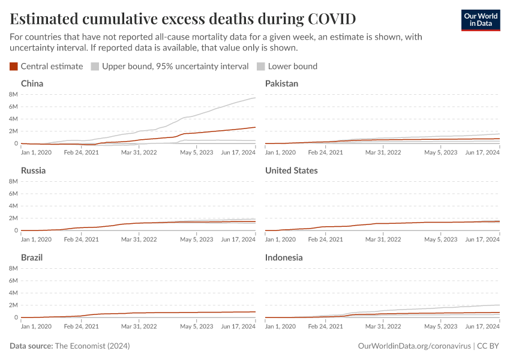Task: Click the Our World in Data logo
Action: (480, 20)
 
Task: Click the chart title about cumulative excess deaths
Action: (183, 19)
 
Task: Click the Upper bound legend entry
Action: (170, 67)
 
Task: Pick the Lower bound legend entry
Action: (287, 67)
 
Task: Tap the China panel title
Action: (32, 83)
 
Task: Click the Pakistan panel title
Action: (281, 83)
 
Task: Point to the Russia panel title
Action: (34, 170)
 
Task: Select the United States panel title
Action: (292, 170)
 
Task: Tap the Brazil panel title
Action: (32, 257)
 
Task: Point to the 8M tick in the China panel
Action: (13, 95)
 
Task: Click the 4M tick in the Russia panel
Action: (13, 206)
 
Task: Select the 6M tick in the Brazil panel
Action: (13, 281)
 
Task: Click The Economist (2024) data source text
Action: (92, 346)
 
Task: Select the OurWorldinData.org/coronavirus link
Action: (413, 346)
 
